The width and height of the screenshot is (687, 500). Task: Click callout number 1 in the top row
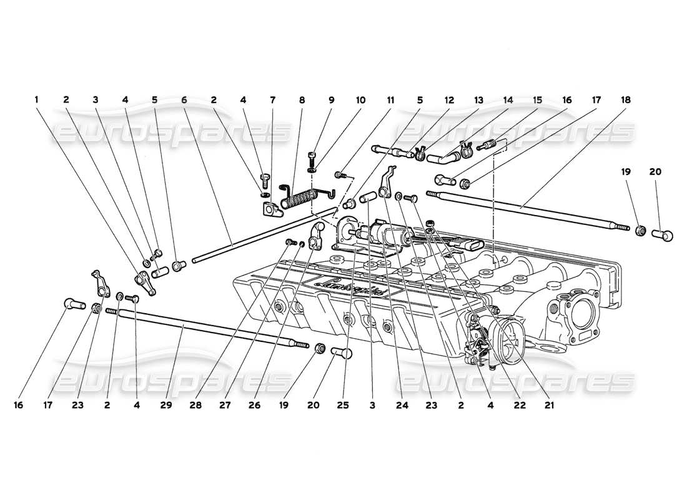tap(37, 99)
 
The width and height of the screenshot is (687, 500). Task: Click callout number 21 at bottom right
tap(550, 405)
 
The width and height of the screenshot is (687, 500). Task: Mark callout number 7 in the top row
tap(272, 99)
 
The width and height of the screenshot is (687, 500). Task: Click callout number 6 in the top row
tap(184, 99)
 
